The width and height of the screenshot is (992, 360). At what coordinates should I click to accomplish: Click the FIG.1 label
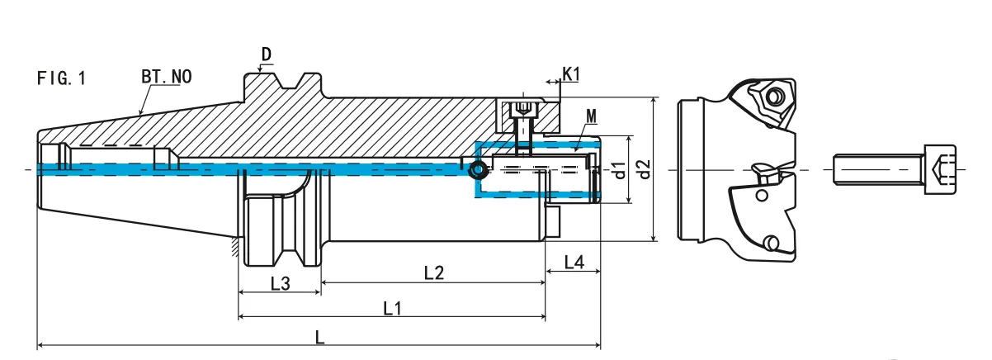(x=61, y=78)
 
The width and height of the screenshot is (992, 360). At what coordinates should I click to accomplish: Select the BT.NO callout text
(x=166, y=77)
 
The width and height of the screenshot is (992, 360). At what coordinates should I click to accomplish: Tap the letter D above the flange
(x=267, y=55)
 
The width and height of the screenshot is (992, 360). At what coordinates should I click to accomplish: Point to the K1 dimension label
(x=571, y=74)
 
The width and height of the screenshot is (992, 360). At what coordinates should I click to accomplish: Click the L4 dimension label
(x=574, y=263)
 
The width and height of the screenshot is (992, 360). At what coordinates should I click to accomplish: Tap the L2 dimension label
(x=434, y=272)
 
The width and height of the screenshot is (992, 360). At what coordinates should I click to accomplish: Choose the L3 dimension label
(x=280, y=283)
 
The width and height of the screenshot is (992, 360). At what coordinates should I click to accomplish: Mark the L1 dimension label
(x=393, y=308)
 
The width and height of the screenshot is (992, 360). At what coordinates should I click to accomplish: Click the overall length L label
(x=320, y=337)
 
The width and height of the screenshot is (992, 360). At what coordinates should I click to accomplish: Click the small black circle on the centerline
(x=476, y=170)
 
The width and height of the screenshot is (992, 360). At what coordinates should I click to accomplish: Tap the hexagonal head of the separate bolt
(x=941, y=170)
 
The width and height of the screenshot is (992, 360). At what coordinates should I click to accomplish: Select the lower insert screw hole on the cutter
(x=771, y=244)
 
